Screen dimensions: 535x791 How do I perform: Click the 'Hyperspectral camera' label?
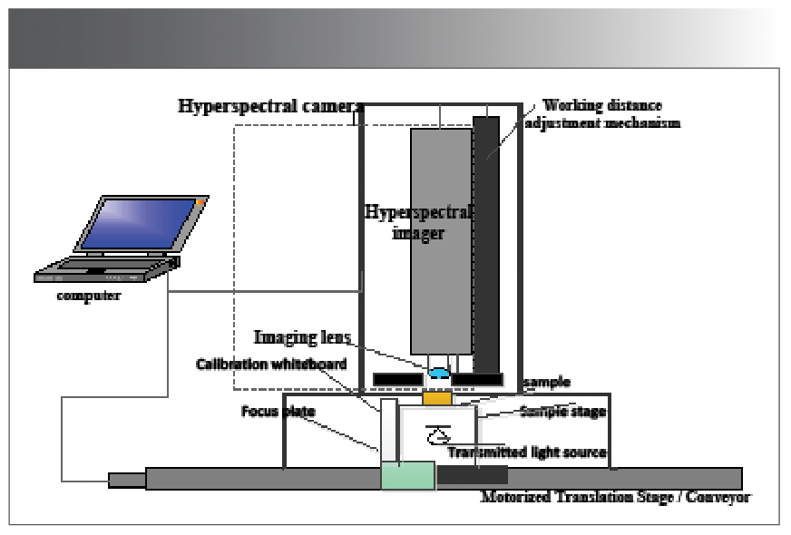pyautogui.click(x=264, y=106)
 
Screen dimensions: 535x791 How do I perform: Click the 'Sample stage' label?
pyautogui.click(x=562, y=411)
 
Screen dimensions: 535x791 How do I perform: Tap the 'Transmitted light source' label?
pyautogui.click(x=527, y=451)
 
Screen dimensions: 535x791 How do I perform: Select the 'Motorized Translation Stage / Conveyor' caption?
pyautogui.click(x=616, y=497)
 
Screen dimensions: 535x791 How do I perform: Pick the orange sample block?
pyautogui.click(x=437, y=398)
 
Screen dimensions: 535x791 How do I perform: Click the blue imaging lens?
pyautogui.click(x=439, y=372)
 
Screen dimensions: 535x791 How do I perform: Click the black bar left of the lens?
pyautogui.click(x=397, y=377)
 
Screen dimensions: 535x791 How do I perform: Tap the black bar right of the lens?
pyautogui.click(x=477, y=377)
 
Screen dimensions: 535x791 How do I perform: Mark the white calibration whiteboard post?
pyautogui.click(x=388, y=431)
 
